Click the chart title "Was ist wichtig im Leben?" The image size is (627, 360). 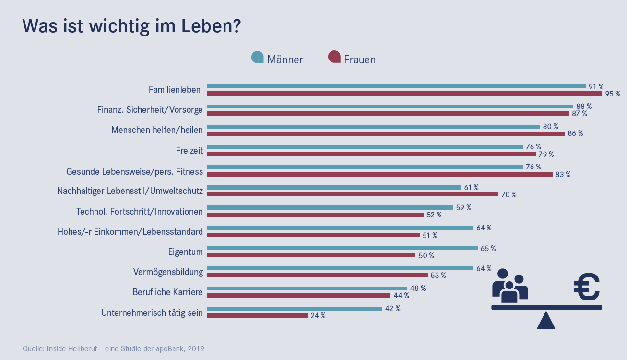(131, 26)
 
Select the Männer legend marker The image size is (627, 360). (258, 57)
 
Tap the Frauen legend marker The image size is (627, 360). (334, 57)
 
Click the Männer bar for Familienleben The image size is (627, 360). (396, 86)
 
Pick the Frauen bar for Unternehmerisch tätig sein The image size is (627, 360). (257, 315)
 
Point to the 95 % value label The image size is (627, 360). (613, 94)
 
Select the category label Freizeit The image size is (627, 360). (189, 151)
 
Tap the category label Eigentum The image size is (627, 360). (186, 252)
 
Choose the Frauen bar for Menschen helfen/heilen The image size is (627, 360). (386, 133)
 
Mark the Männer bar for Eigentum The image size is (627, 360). (342, 248)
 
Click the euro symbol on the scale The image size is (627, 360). (587, 287)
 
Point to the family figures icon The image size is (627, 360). (510, 286)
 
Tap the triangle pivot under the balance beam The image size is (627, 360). (546, 321)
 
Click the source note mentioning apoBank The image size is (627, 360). (114, 348)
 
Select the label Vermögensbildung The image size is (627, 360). (168, 272)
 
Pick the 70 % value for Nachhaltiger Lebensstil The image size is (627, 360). (509, 195)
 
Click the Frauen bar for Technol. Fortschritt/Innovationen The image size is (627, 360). (315, 215)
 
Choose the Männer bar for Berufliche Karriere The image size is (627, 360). (307, 288)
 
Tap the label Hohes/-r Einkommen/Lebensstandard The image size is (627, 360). (130, 232)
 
